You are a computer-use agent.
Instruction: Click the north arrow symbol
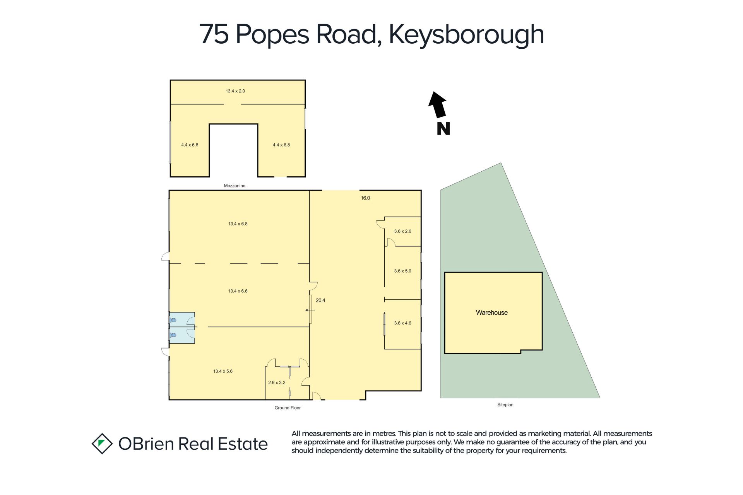[438, 105]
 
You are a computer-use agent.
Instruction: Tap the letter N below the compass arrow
[443, 128]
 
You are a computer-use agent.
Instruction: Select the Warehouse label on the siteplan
[491, 312]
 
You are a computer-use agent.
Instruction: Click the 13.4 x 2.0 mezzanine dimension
[235, 91]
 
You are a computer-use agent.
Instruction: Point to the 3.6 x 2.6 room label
[402, 231]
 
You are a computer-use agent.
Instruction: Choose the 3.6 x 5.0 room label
[402, 271]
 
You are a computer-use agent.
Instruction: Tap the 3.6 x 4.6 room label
[402, 323]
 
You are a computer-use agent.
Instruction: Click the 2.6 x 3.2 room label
[277, 382]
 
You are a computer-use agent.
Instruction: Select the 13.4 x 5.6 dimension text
[223, 371]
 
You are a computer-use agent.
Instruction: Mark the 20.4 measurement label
[320, 300]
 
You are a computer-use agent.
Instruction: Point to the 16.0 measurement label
[365, 198]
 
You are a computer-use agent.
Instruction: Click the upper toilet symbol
[173, 320]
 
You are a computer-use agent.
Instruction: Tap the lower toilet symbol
[173, 335]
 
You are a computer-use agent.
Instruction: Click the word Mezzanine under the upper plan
[235, 186]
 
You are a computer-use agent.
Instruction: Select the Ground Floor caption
[288, 408]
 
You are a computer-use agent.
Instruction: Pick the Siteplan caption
[505, 405]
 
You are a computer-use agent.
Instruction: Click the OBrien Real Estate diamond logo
[102, 444]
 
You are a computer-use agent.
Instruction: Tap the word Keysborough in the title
[466, 35]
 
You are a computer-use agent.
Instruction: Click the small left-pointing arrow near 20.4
[310, 310]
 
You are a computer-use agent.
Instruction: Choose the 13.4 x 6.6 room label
[238, 291]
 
